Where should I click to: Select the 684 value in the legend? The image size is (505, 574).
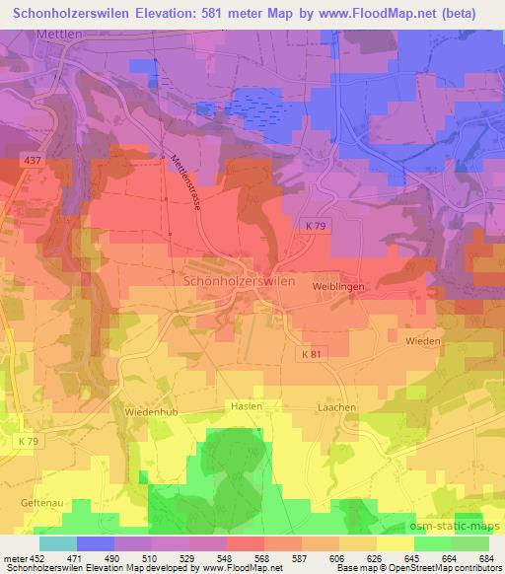[485, 557]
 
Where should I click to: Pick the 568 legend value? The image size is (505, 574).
[261, 557]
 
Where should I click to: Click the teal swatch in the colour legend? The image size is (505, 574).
[58, 543]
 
